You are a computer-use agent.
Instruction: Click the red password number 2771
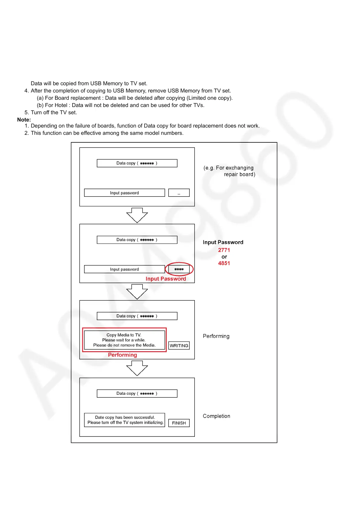[x=224, y=250]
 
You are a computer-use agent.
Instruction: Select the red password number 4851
[x=224, y=263]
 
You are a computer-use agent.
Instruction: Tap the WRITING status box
[x=179, y=345]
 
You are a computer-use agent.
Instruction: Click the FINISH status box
[x=179, y=423]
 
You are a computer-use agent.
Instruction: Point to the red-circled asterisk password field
[x=179, y=269]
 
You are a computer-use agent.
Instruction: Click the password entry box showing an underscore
[x=179, y=193]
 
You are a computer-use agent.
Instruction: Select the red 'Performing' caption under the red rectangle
[x=123, y=355]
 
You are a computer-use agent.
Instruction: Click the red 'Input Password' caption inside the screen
[x=166, y=279]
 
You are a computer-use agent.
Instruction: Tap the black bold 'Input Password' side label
[x=223, y=242]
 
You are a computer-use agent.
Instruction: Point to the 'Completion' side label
[x=216, y=416]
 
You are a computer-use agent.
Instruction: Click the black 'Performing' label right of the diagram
[x=216, y=336]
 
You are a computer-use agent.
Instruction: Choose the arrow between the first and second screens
[x=137, y=215]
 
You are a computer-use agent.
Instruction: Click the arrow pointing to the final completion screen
[x=137, y=368]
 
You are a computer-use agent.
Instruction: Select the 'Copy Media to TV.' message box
[x=124, y=340]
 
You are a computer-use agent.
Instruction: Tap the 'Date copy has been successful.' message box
[x=125, y=420]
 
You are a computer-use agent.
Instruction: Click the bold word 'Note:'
[x=24, y=120]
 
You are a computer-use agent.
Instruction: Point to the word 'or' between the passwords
[x=224, y=257]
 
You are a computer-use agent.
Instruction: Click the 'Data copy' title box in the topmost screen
[x=137, y=163]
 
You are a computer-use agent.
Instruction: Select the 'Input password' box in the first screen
[x=124, y=193]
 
